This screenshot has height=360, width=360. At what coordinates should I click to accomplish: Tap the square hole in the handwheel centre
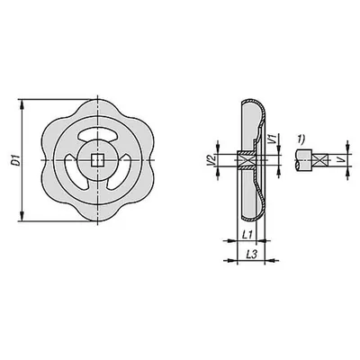(97, 160)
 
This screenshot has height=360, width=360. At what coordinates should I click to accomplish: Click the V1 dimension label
(272, 139)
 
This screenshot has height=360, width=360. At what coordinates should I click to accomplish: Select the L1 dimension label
(247, 235)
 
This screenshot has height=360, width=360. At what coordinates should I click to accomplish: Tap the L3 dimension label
(251, 255)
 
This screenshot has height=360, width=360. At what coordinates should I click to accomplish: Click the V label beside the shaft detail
(340, 160)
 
